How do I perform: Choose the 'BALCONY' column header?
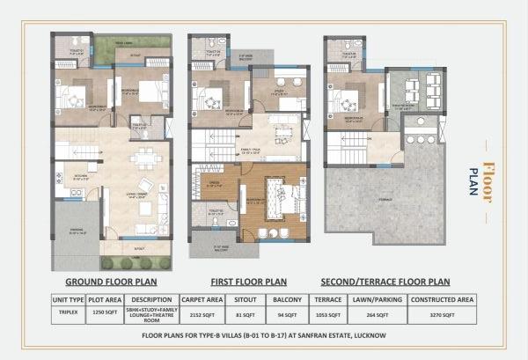[x=288, y=299]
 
